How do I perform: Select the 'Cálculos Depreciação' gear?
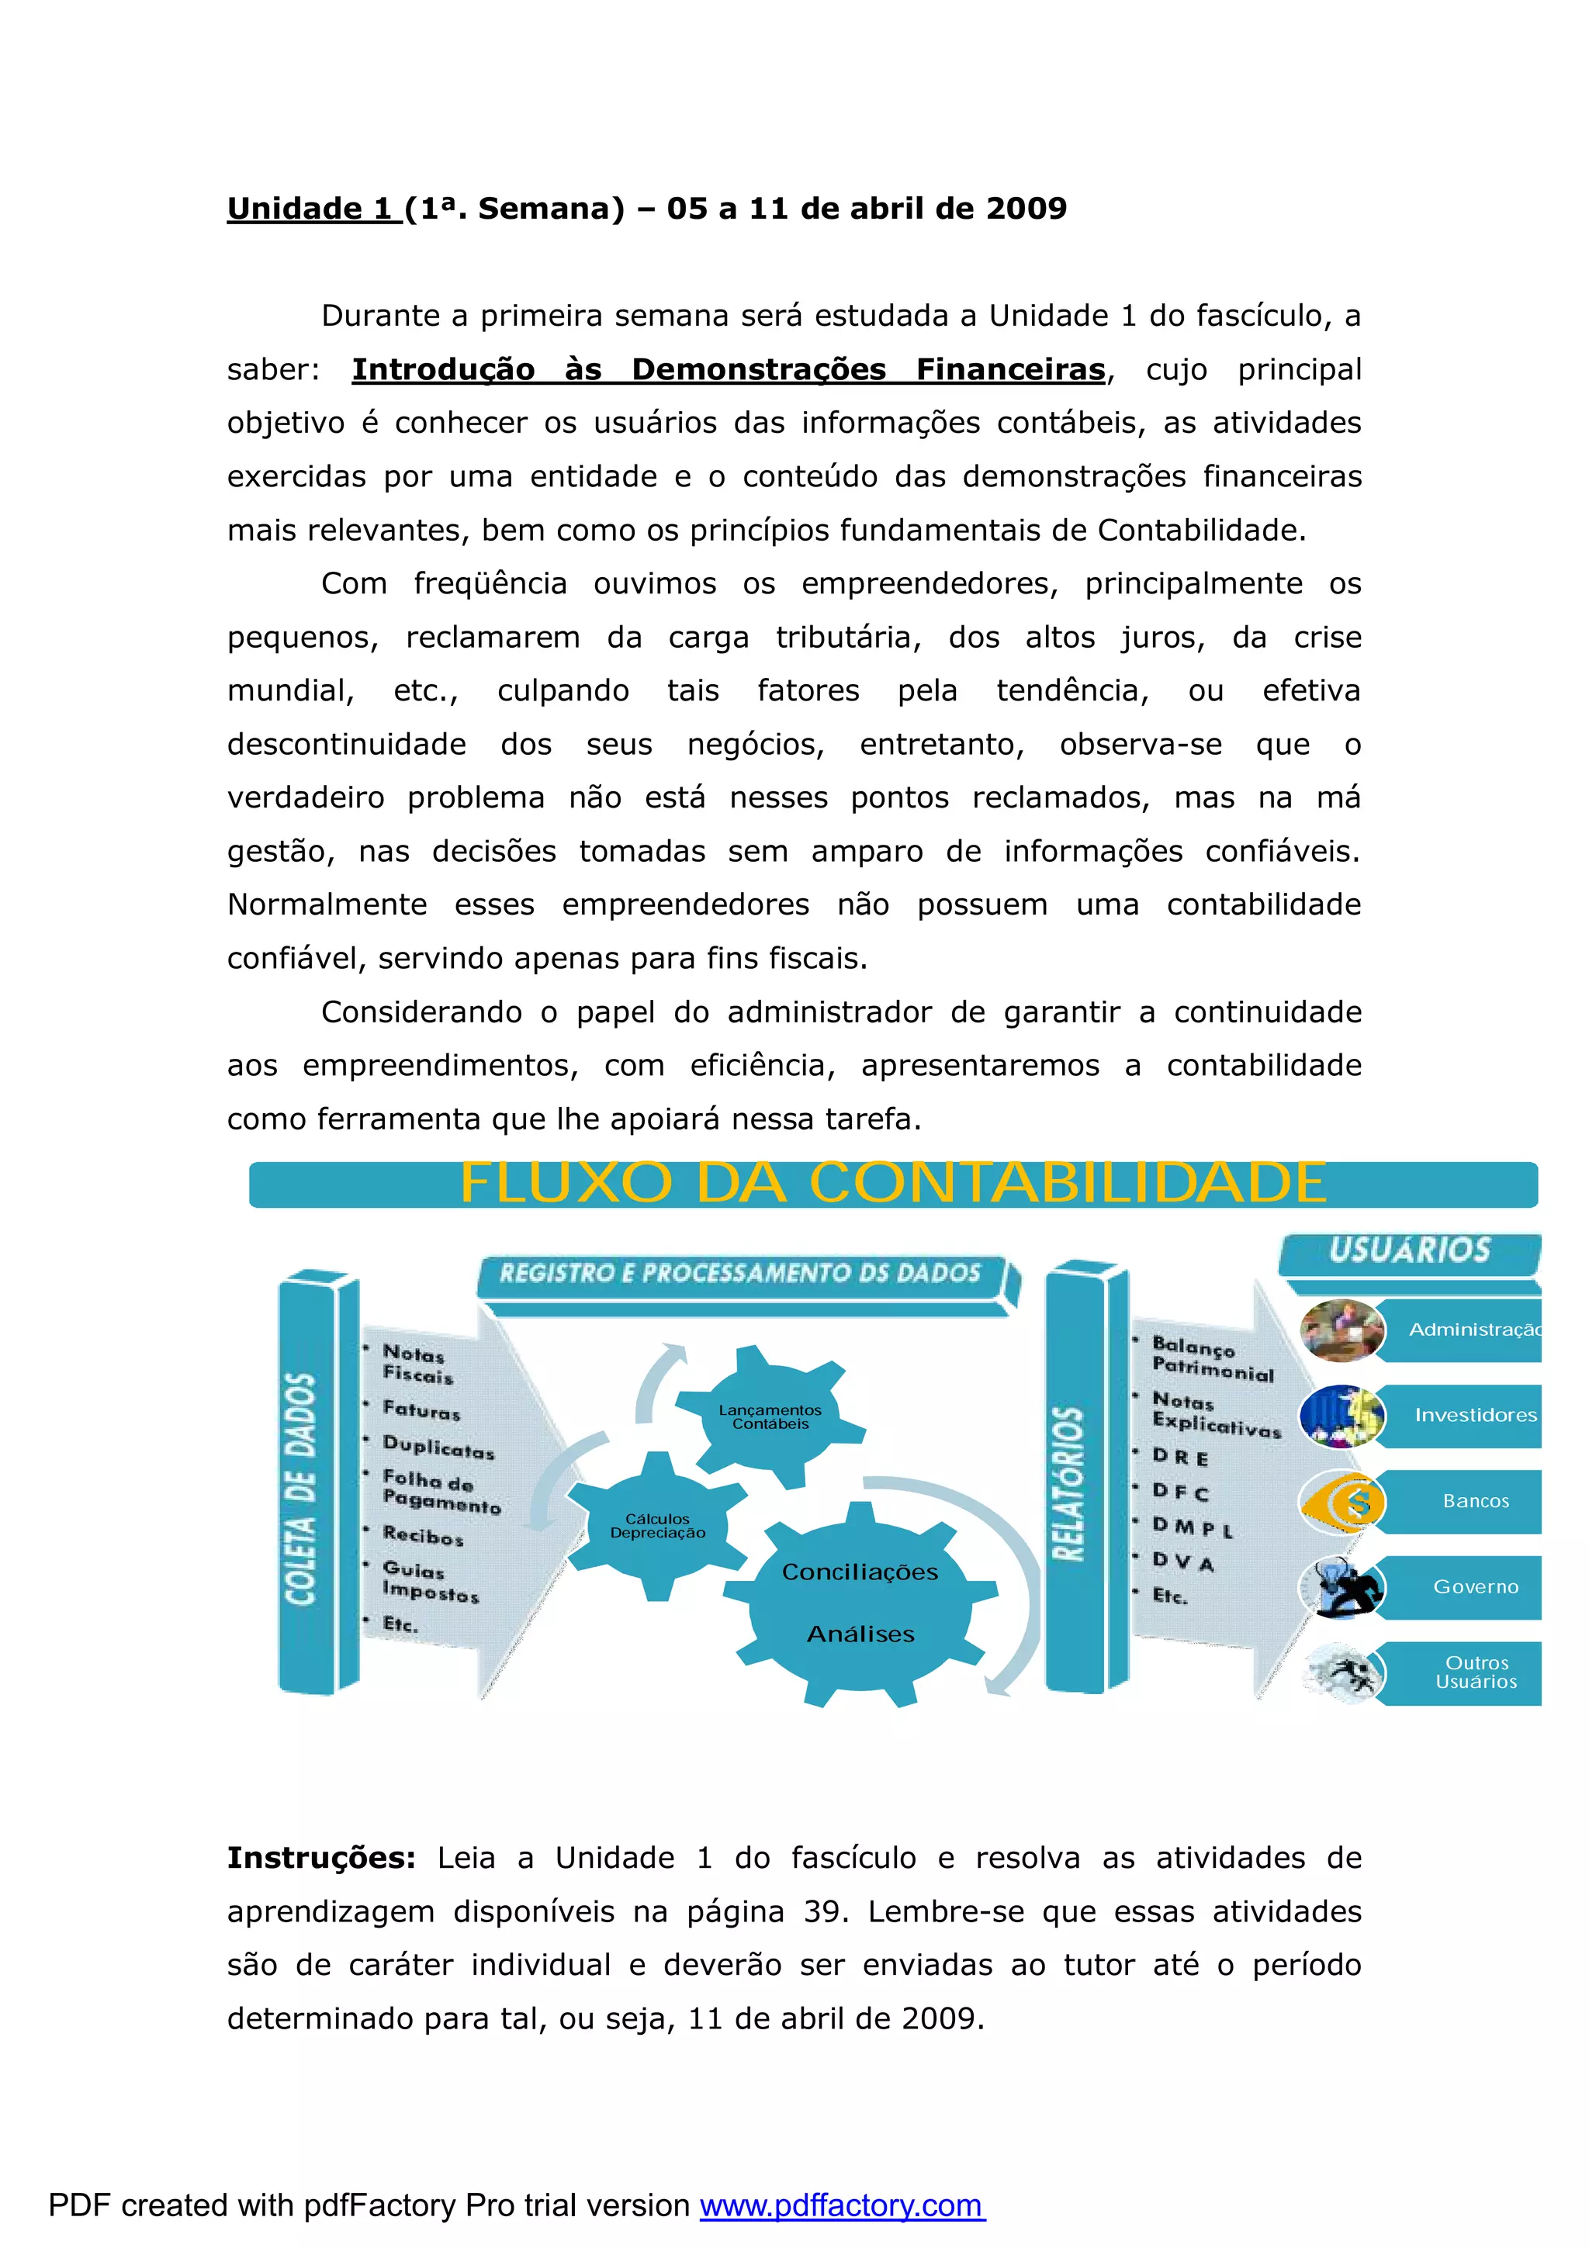click(657, 1525)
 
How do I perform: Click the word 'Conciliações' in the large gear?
click(860, 1572)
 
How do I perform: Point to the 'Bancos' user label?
click(1476, 1501)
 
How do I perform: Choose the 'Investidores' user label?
click(1476, 1415)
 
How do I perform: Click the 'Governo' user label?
click(1476, 1586)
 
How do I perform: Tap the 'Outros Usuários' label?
click(1476, 1672)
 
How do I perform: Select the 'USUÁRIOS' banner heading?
click(1410, 1250)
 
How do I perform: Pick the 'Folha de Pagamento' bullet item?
click(441, 1491)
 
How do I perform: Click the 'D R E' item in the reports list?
click(1180, 1457)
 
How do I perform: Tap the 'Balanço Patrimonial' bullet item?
click(1212, 1359)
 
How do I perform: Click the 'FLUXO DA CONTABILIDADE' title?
click(892, 1183)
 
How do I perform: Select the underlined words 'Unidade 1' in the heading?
click(313, 209)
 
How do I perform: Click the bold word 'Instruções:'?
click(321, 1857)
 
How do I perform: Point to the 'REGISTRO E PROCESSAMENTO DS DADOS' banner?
click(740, 1273)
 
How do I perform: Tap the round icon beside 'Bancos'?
click(1342, 1502)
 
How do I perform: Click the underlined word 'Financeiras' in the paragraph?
click(1010, 369)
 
